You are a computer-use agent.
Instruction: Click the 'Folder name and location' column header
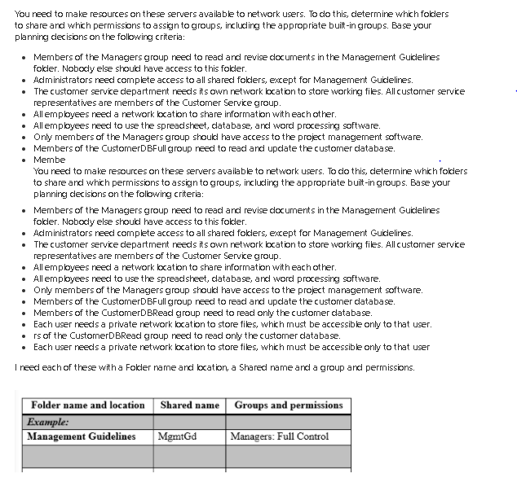(x=87, y=405)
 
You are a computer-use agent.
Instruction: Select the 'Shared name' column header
(x=189, y=405)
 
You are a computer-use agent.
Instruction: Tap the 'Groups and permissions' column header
(x=289, y=405)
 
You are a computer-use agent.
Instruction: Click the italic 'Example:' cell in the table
(x=48, y=421)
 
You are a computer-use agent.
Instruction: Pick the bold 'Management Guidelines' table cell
(x=82, y=436)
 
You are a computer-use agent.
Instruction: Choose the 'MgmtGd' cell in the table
(x=178, y=436)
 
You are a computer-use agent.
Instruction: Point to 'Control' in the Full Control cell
(x=312, y=436)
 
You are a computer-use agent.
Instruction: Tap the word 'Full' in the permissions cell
(x=286, y=436)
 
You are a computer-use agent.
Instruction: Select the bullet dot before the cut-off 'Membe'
(x=24, y=160)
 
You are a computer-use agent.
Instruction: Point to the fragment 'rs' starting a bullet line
(x=38, y=335)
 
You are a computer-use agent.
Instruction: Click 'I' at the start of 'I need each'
(x=16, y=367)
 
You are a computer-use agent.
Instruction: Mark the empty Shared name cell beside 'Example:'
(x=189, y=421)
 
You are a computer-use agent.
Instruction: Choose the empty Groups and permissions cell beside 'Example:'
(x=289, y=421)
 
